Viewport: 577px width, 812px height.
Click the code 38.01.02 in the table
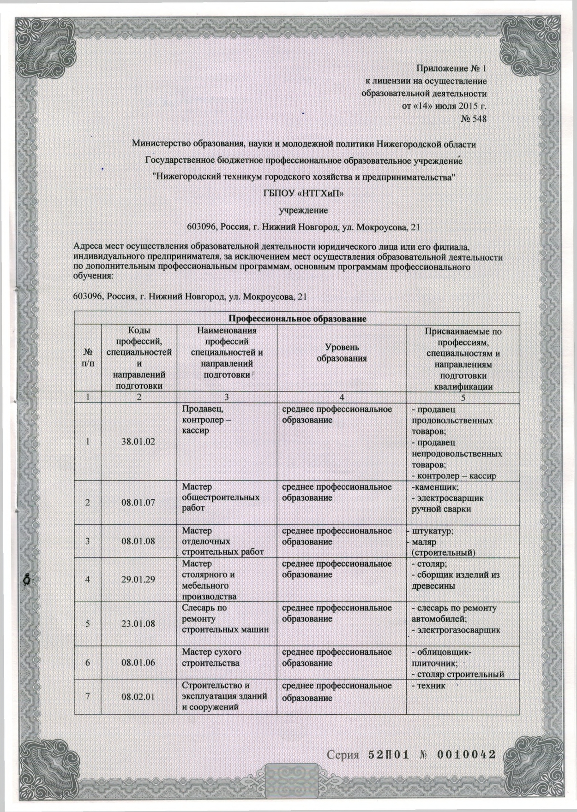pos(138,442)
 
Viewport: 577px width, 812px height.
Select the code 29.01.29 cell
pos(138,580)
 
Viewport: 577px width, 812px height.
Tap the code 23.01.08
pos(138,624)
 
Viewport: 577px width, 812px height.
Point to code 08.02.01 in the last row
pos(138,697)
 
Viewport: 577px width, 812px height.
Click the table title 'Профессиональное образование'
pos(298,319)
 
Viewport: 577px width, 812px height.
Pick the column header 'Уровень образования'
pos(342,353)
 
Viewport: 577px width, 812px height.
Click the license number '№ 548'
pos(474,119)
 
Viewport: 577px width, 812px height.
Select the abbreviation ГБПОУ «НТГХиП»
pos(304,194)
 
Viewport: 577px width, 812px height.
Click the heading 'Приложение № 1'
pos(451,69)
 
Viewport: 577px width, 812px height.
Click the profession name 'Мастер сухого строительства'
pos(211,658)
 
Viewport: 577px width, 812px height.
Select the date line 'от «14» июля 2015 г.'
pos(445,106)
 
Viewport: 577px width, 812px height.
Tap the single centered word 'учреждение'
pos(304,210)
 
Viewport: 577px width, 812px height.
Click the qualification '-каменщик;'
pos(434,487)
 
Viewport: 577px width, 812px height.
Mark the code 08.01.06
pos(138,663)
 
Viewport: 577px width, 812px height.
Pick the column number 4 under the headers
pos(342,397)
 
